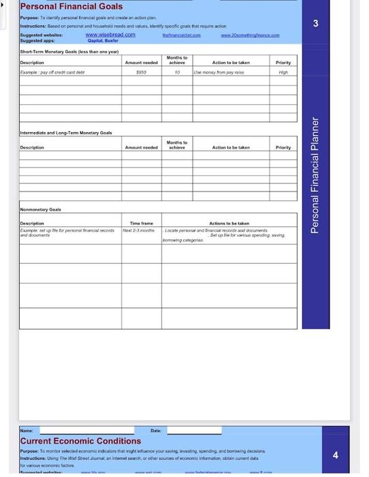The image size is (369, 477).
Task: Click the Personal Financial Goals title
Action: [x=71, y=7]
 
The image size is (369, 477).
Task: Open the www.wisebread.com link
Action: [x=110, y=34]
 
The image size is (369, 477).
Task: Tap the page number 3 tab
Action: [x=316, y=24]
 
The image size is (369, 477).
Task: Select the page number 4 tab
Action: [x=335, y=455]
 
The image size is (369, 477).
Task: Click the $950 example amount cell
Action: [x=142, y=71]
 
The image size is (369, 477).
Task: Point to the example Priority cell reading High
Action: [x=283, y=71]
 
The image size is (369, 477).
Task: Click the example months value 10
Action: [x=177, y=71]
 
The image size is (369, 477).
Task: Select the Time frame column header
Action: [x=142, y=223]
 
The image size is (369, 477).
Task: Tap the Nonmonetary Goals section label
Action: [x=40, y=210]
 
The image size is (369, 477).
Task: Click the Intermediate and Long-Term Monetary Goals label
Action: [x=67, y=133]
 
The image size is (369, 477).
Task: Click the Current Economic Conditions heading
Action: [x=80, y=441]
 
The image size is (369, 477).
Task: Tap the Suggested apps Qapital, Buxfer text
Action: [x=101, y=40]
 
